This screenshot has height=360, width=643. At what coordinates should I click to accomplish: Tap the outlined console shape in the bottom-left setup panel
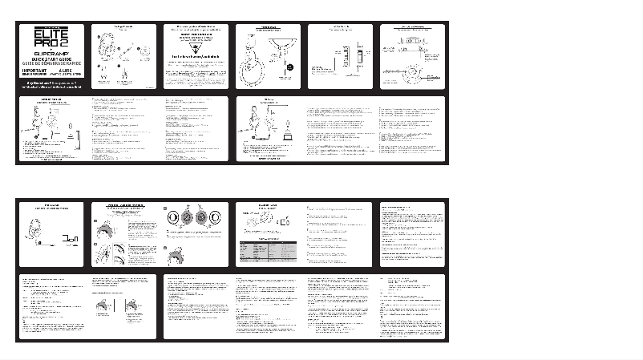(71, 238)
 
